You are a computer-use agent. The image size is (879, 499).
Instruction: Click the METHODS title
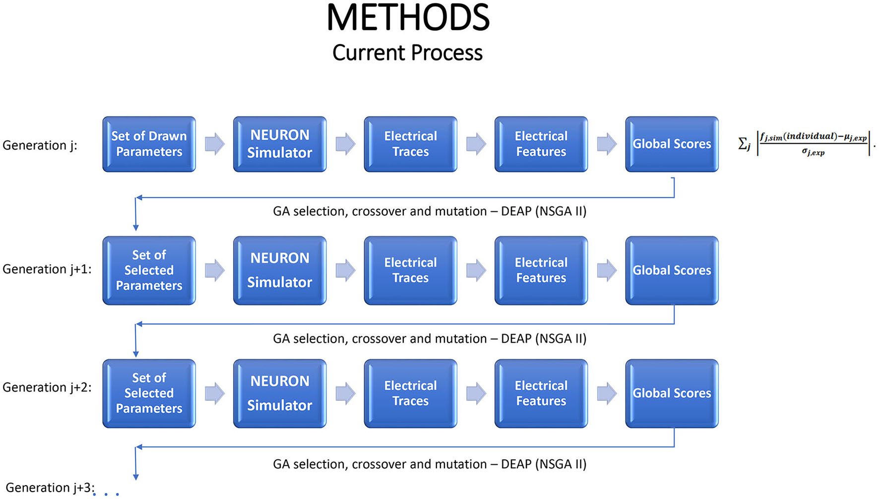pos(408,18)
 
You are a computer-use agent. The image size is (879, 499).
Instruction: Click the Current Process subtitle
pos(407,53)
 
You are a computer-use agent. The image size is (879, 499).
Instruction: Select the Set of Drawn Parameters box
pos(149,144)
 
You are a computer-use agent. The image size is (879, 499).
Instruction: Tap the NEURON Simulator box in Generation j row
pos(279,144)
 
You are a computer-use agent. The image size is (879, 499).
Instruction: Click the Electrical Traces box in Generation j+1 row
pos(410,270)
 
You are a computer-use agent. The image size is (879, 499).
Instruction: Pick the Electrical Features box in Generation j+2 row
pos(541,393)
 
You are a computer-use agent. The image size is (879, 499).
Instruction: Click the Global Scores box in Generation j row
pos(672,144)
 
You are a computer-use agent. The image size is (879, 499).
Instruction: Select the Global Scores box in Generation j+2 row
pos(672,393)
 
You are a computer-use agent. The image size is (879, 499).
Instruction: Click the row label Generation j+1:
pos(47,269)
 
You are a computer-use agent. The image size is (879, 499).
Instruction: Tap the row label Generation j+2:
pos(47,387)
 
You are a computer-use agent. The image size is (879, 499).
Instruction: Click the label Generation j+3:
pos(50,488)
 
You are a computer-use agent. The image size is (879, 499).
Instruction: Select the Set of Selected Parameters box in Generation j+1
pos(149,270)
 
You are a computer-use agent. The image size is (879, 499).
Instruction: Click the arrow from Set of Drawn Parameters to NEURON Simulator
pos(214,144)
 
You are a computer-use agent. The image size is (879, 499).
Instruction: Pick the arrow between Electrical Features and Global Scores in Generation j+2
pos(606,393)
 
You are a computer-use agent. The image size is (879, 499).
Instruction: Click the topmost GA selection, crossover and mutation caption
pos(430,211)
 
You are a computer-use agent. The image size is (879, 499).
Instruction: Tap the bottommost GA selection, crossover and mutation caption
pos(430,464)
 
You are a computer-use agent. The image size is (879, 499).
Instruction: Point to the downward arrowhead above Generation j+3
pos(136,477)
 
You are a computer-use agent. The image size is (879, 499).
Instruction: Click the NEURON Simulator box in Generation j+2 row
pos(279,393)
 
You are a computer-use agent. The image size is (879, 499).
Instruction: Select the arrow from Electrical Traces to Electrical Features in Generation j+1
pos(476,270)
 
